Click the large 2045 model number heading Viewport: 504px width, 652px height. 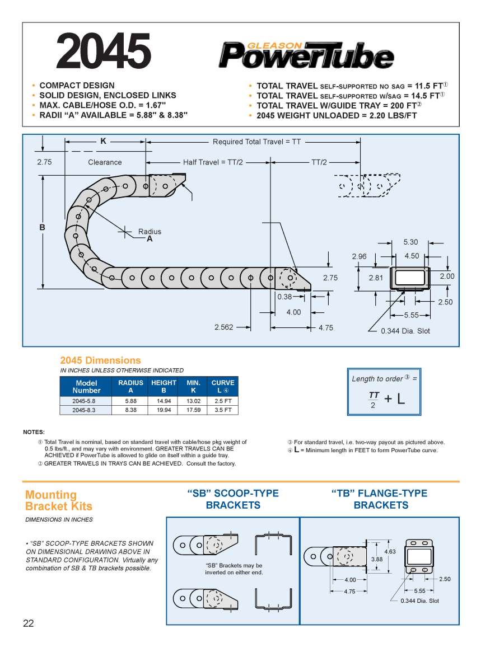coord(104,51)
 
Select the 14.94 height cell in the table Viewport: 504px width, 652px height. coord(164,401)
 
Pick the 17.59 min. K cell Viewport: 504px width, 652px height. coord(193,410)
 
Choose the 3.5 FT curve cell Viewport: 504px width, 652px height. coord(223,410)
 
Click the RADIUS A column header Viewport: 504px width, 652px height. coord(130,386)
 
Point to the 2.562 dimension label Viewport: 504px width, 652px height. coord(224,327)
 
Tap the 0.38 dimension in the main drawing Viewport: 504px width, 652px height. coord(284,297)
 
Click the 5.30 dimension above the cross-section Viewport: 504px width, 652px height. coord(410,242)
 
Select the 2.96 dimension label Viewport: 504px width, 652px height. coord(359,256)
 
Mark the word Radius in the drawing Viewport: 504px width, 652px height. coord(150,231)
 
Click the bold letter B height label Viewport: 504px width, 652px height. coord(42,228)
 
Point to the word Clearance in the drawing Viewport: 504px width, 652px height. coord(105,162)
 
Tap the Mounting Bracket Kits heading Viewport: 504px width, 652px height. coord(58,500)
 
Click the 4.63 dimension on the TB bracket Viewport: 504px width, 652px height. coord(390,551)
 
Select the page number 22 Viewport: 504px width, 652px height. coord(29,624)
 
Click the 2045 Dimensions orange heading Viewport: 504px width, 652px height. coord(100,360)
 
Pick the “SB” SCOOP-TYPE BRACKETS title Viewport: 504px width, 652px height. coord(232,499)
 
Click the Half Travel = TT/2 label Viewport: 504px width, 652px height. coord(213,162)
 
